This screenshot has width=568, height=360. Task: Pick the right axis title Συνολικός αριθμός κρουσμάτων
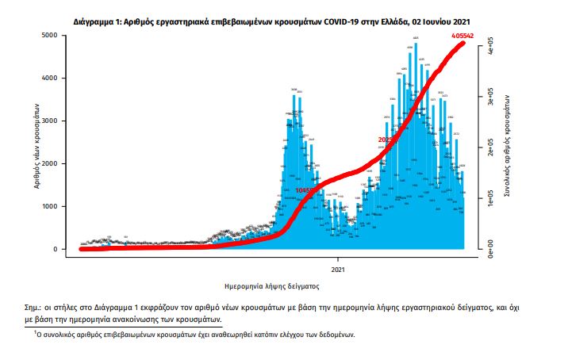pos(506,142)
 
